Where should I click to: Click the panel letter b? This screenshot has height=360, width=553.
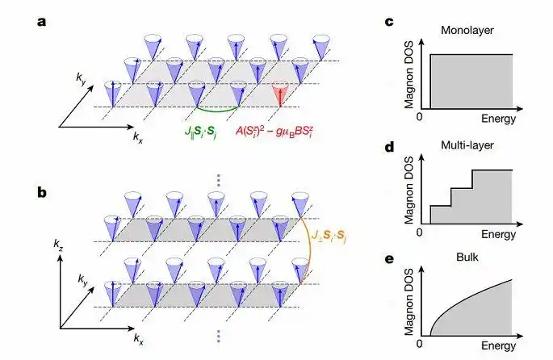tap(42, 193)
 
